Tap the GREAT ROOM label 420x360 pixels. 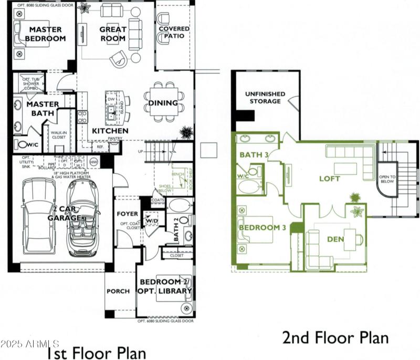[x=113, y=34]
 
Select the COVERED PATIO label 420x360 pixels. [x=174, y=33]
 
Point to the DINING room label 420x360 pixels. [x=163, y=103]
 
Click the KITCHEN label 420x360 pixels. [x=110, y=130]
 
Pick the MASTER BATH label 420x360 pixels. [x=43, y=108]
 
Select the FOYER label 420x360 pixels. [x=128, y=214]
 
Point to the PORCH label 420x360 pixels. [x=118, y=291]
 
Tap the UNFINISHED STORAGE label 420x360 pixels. [x=265, y=98]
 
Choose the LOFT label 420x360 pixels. [x=330, y=178]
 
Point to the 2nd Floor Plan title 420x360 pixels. [x=336, y=337]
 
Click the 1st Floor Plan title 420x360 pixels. [x=97, y=353]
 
